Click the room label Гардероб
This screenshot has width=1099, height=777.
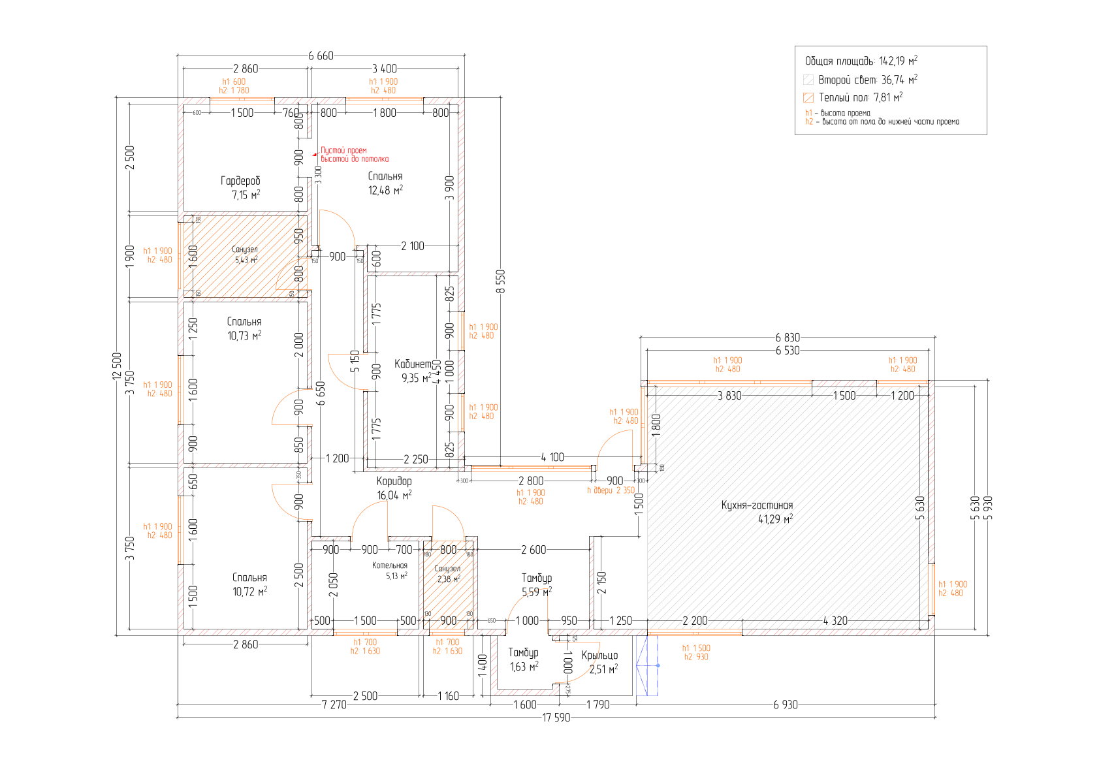coord(240,181)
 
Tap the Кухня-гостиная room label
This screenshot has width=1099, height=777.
coord(757,505)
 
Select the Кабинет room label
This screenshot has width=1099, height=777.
coord(413,364)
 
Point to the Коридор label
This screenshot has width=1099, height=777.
coord(394,481)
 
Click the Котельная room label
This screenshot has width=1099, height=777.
coord(390,565)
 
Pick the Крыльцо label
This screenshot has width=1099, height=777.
coord(599,656)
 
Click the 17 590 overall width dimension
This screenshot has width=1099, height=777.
coord(556,718)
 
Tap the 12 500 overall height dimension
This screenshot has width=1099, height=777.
coord(118,366)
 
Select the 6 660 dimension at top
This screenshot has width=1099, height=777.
coord(321,56)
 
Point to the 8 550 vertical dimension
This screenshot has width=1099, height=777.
coord(501,281)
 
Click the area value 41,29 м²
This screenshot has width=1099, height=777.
coord(775,520)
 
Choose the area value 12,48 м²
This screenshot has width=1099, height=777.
coord(385,191)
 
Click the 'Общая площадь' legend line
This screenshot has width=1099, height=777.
coord(861,61)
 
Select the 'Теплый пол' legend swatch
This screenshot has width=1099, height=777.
coord(808,98)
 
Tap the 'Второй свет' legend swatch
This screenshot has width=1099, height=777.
coord(808,80)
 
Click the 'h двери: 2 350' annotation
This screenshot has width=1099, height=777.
coord(611,490)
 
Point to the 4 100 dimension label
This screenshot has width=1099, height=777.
coord(552,457)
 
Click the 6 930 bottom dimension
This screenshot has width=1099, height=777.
coord(785,705)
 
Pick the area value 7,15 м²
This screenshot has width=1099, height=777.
coord(246,195)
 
